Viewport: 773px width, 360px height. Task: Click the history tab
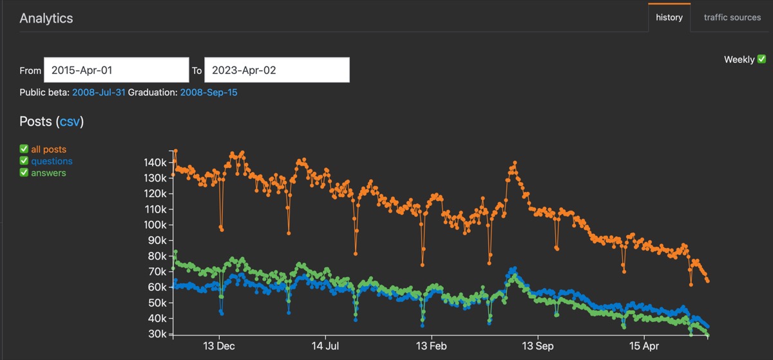(669, 17)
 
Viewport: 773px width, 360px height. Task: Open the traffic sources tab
(732, 17)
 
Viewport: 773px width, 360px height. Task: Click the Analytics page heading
(46, 18)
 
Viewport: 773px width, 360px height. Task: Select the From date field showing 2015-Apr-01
(116, 70)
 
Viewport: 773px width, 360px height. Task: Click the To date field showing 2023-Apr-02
(277, 70)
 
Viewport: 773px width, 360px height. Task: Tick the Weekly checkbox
(761, 59)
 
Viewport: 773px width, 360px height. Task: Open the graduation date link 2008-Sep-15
(208, 93)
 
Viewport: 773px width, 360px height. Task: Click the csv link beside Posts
(70, 122)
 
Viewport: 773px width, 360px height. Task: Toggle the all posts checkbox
(24, 149)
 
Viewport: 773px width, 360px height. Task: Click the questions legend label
(52, 161)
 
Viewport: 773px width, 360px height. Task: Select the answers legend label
(48, 173)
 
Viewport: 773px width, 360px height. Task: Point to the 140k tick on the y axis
(155, 162)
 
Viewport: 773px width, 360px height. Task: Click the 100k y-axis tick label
(155, 225)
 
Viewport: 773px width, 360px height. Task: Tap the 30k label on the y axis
(158, 334)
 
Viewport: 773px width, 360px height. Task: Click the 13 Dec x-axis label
(219, 346)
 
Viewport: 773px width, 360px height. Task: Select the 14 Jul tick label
(325, 346)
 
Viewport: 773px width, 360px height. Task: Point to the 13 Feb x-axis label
(430, 346)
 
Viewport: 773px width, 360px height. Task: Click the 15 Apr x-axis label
(644, 346)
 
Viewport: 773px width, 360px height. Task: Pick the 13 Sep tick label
(537, 346)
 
